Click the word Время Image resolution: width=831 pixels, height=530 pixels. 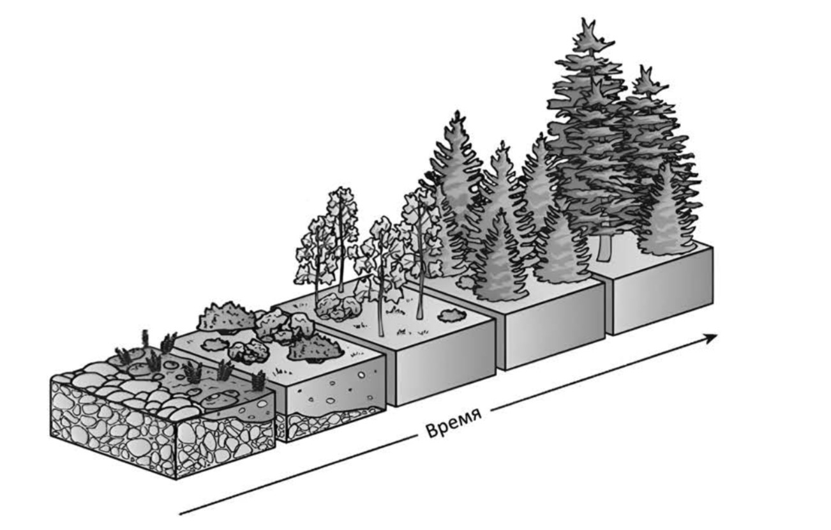click(x=453, y=424)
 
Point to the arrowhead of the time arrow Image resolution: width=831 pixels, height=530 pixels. click(x=710, y=338)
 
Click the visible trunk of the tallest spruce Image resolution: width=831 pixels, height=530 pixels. click(x=604, y=247)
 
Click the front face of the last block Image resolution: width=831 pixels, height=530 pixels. click(x=663, y=291)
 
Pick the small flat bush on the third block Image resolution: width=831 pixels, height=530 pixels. click(x=453, y=315)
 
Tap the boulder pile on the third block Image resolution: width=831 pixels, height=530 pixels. click(x=337, y=307)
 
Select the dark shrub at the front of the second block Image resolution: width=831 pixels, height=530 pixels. click(x=315, y=349)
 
